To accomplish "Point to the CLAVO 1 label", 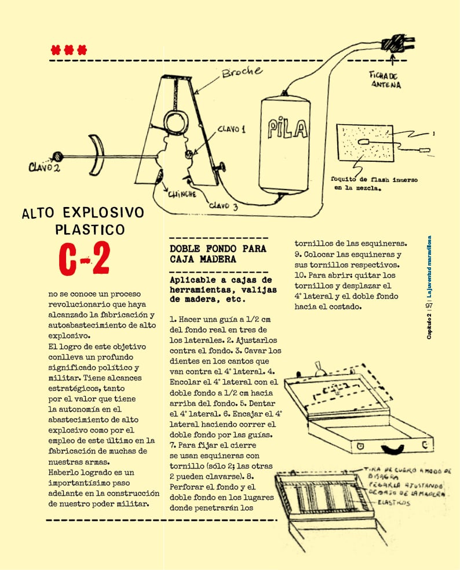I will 231,129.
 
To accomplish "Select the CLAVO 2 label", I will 44,168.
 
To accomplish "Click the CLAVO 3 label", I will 223,205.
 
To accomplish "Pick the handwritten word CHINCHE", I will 182,194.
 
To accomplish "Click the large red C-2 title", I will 85,259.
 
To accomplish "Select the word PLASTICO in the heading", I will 90,230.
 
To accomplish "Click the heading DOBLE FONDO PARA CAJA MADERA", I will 218,254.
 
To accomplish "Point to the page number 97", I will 429,306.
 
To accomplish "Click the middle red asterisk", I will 69,50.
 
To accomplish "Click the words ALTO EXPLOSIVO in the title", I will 82,212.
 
